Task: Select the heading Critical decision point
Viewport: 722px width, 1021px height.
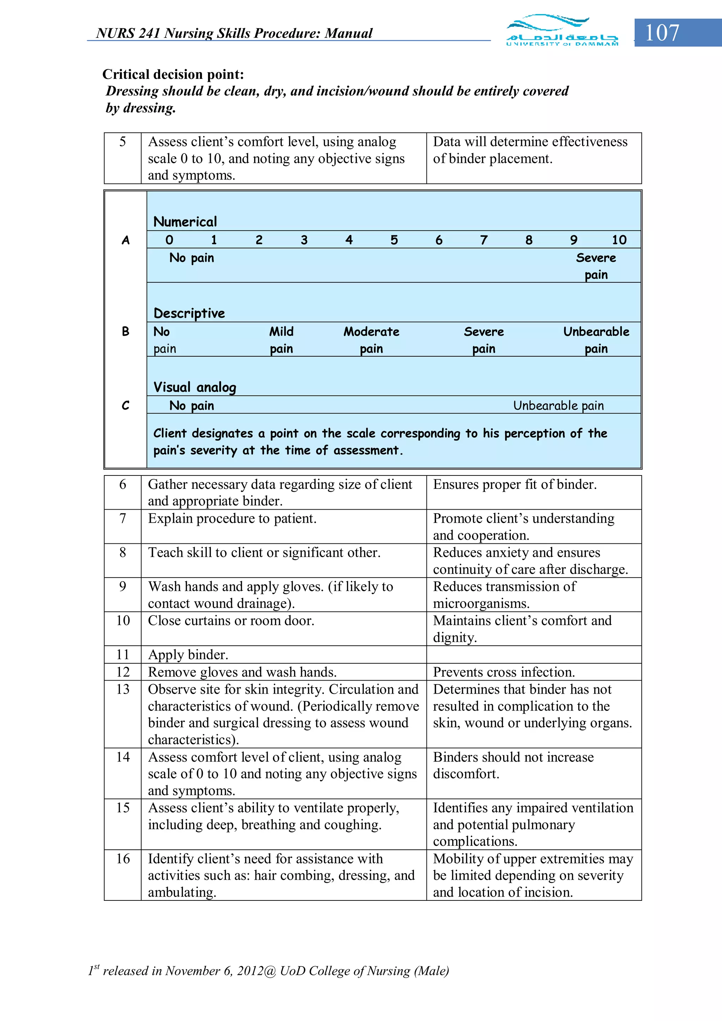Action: pos(173,74)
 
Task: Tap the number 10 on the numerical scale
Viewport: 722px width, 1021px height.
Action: pos(619,240)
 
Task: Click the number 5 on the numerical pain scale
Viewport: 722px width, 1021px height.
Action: pos(394,240)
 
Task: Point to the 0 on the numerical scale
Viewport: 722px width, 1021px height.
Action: pos(169,240)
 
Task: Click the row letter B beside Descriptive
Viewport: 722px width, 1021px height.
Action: pos(126,331)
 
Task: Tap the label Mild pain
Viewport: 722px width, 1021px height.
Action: pos(281,340)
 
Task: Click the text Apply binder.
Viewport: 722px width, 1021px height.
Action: pos(188,654)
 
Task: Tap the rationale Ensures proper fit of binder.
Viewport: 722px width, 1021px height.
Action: pos(514,484)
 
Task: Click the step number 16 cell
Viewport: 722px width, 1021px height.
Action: pos(123,859)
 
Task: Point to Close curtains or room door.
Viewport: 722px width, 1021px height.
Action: pos(231,621)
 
